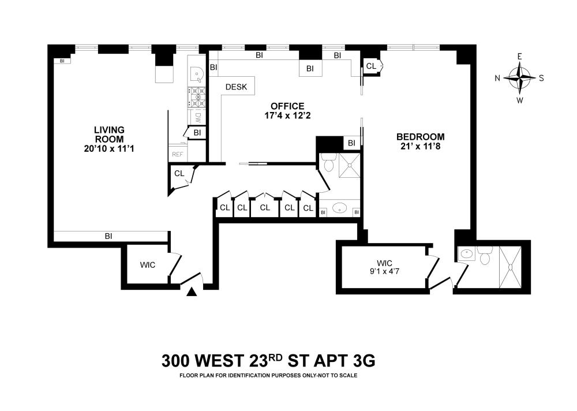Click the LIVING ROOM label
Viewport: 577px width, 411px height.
click(x=109, y=134)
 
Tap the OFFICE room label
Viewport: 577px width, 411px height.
click(x=287, y=106)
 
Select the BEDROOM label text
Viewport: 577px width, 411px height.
click(x=420, y=137)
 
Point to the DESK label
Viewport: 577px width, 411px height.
click(x=236, y=87)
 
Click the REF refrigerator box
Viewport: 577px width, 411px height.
click(x=177, y=154)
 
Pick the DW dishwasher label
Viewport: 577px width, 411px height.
click(x=198, y=118)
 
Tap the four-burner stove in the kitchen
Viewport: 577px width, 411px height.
click(x=197, y=97)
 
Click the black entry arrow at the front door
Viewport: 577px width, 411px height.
click(x=192, y=292)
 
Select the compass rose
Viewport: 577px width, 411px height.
click(x=520, y=78)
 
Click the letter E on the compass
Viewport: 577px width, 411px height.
click(x=520, y=57)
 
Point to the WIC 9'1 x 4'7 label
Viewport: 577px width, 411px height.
click(x=384, y=267)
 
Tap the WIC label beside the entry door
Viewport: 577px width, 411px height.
click(x=148, y=265)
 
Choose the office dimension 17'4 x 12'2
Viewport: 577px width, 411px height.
click(x=287, y=115)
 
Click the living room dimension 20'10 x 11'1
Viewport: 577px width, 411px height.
click(x=109, y=148)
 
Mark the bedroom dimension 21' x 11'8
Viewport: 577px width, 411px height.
click(x=420, y=146)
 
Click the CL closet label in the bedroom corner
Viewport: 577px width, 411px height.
click(x=371, y=66)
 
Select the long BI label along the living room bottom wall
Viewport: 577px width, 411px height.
click(x=108, y=236)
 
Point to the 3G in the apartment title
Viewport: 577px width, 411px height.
click(x=364, y=361)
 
